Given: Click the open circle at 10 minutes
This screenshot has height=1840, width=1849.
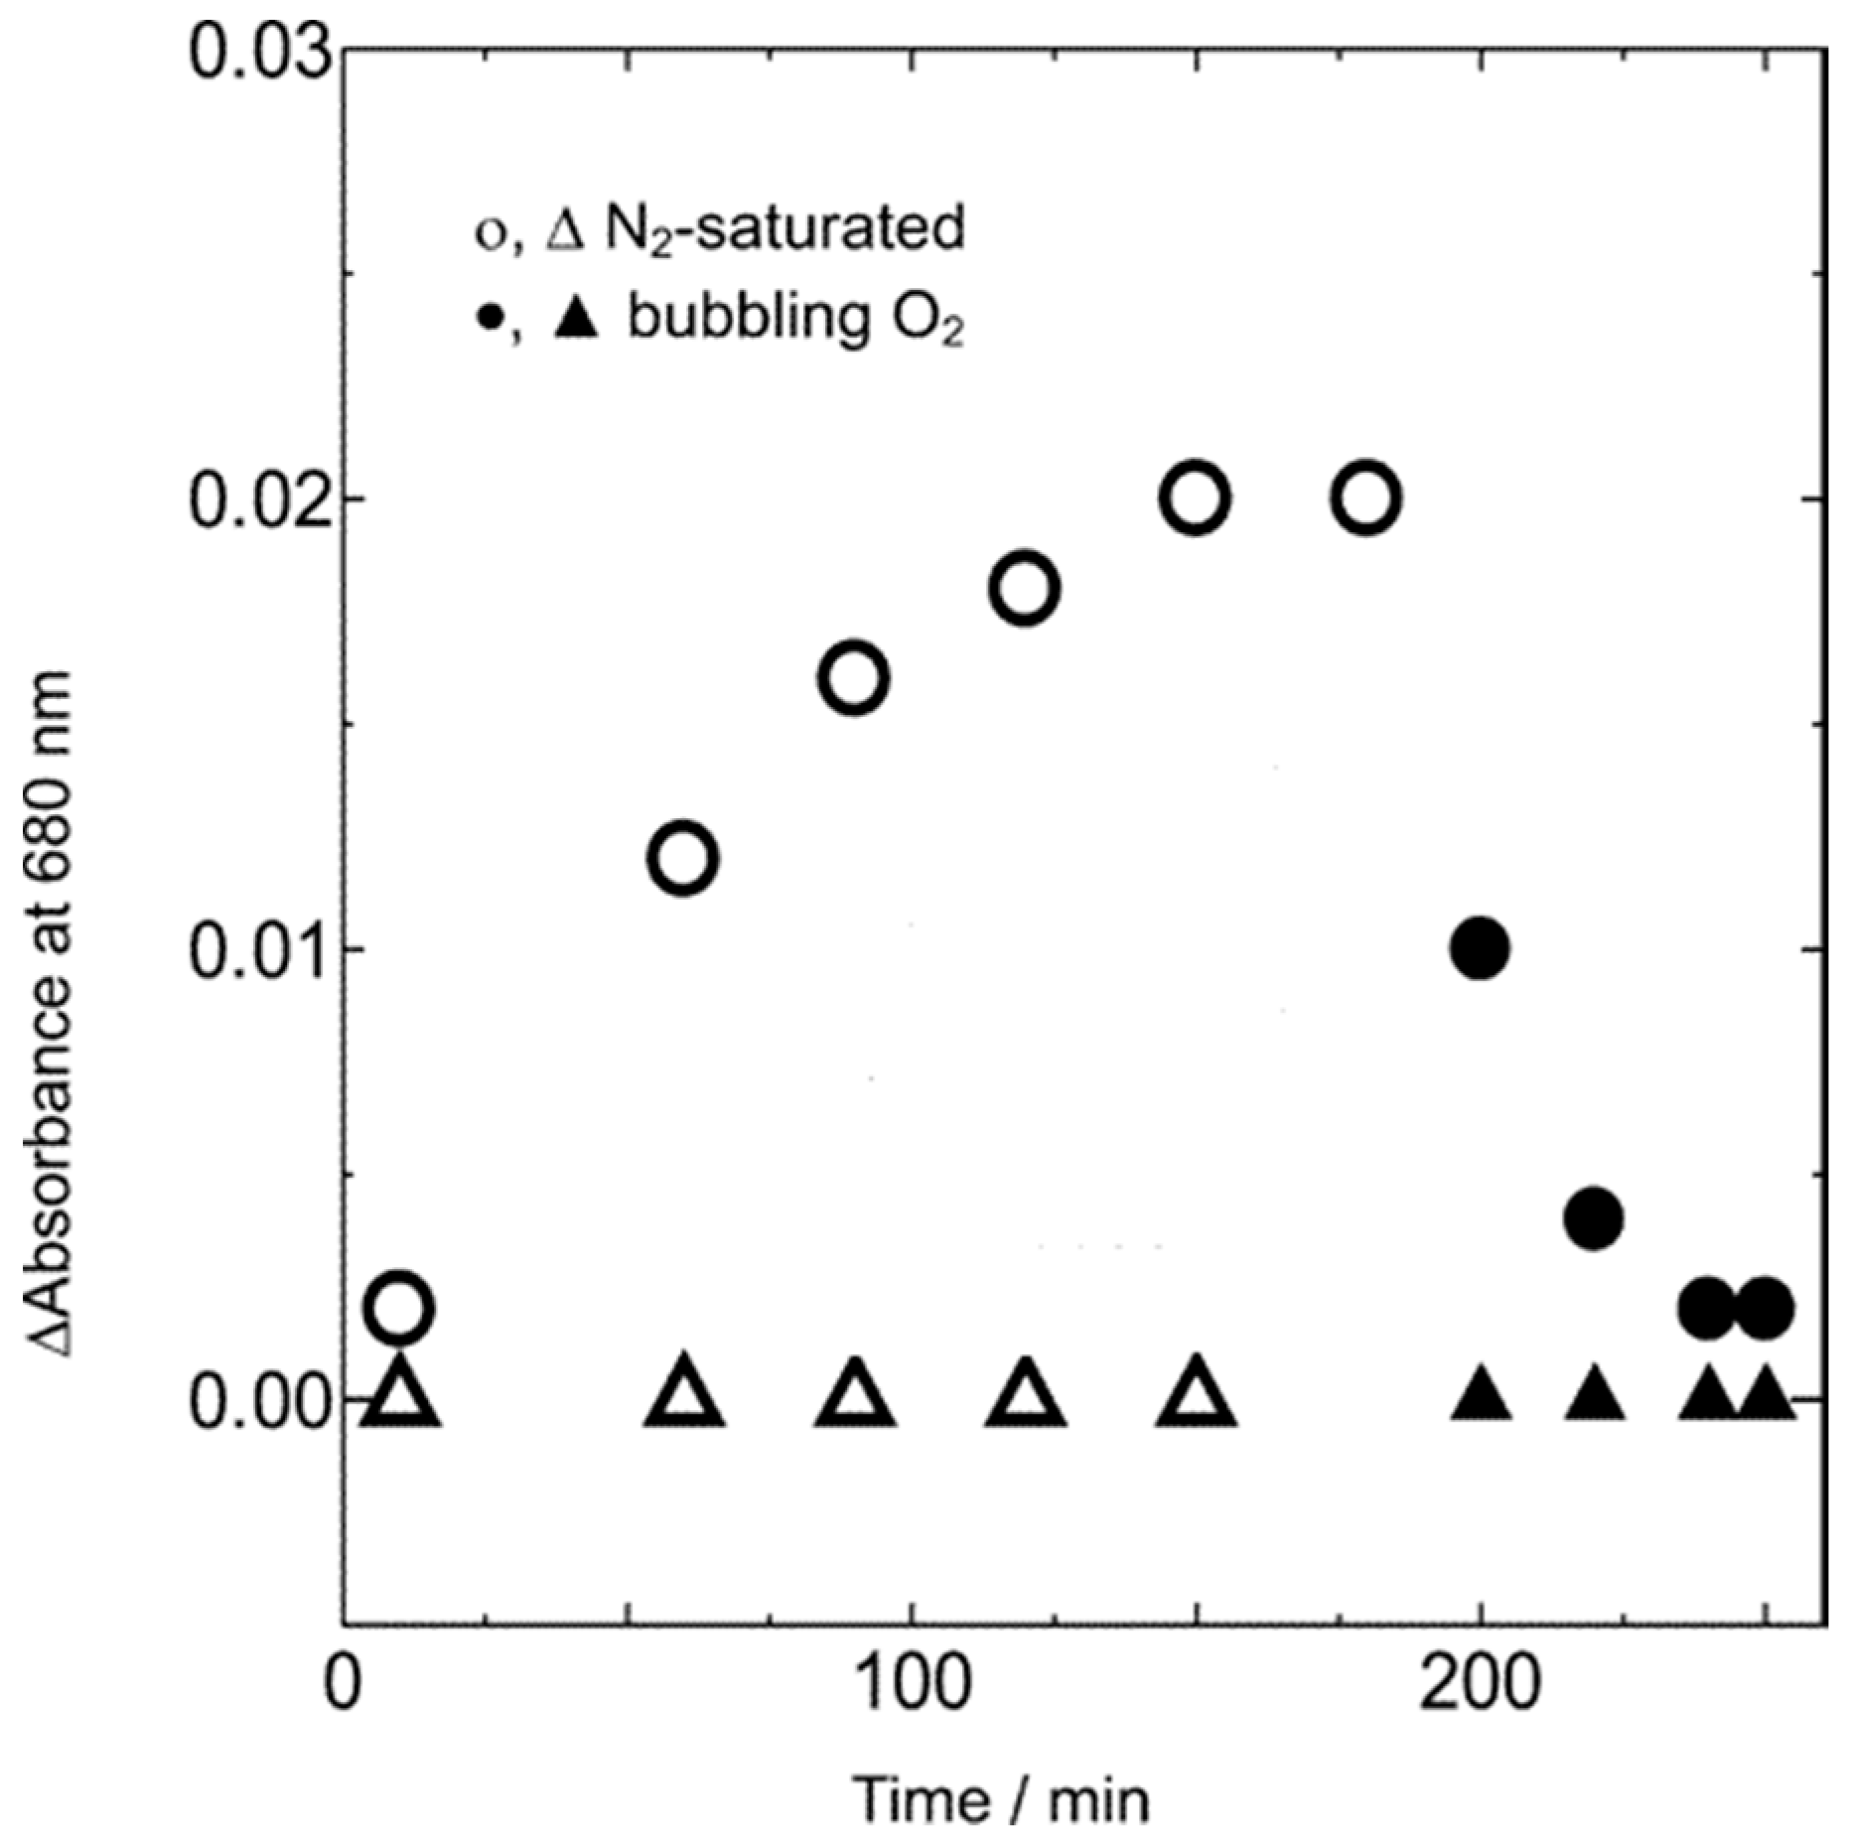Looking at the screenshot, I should point(399,1308).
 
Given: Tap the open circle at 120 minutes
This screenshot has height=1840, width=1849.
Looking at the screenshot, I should point(1025,589).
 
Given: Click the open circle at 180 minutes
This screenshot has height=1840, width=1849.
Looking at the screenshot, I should point(1367,497).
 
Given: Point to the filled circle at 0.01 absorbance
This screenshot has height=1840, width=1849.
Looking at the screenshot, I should point(1480,949).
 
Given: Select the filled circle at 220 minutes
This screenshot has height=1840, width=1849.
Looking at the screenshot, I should point(1594,1217).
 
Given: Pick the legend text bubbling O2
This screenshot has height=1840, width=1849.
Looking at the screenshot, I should point(794,323).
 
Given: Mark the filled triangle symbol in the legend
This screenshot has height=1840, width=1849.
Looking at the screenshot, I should point(577,320).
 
